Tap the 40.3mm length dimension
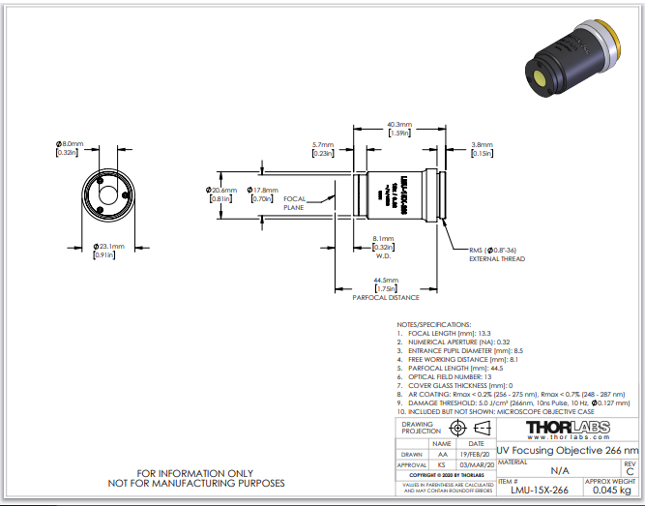[399, 125]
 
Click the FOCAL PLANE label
[294, 203]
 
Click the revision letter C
[630, 472]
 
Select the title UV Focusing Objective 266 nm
[568, 451]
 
